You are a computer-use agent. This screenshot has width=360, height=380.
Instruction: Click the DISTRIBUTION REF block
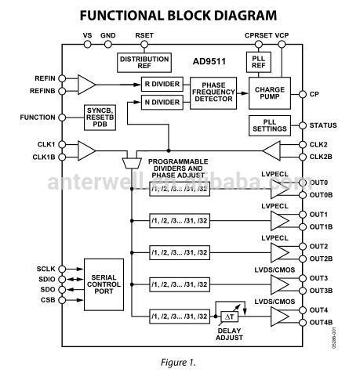point(144,62)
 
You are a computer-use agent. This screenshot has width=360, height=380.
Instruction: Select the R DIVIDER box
point(162,84)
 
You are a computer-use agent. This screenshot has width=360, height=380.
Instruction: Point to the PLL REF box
point(258,63)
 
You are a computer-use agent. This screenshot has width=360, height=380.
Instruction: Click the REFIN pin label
point(45,78)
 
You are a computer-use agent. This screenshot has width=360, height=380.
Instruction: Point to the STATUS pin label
point(323,125)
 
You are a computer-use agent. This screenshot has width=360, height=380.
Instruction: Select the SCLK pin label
point(45,267)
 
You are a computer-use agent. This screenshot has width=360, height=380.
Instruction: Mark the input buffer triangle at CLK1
point(86,150)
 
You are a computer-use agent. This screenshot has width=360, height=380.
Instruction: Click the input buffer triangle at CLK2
point(269,150)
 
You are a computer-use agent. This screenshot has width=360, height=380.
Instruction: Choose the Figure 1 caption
point(180,363)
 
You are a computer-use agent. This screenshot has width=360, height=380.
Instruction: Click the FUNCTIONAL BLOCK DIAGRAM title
point(178,15)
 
